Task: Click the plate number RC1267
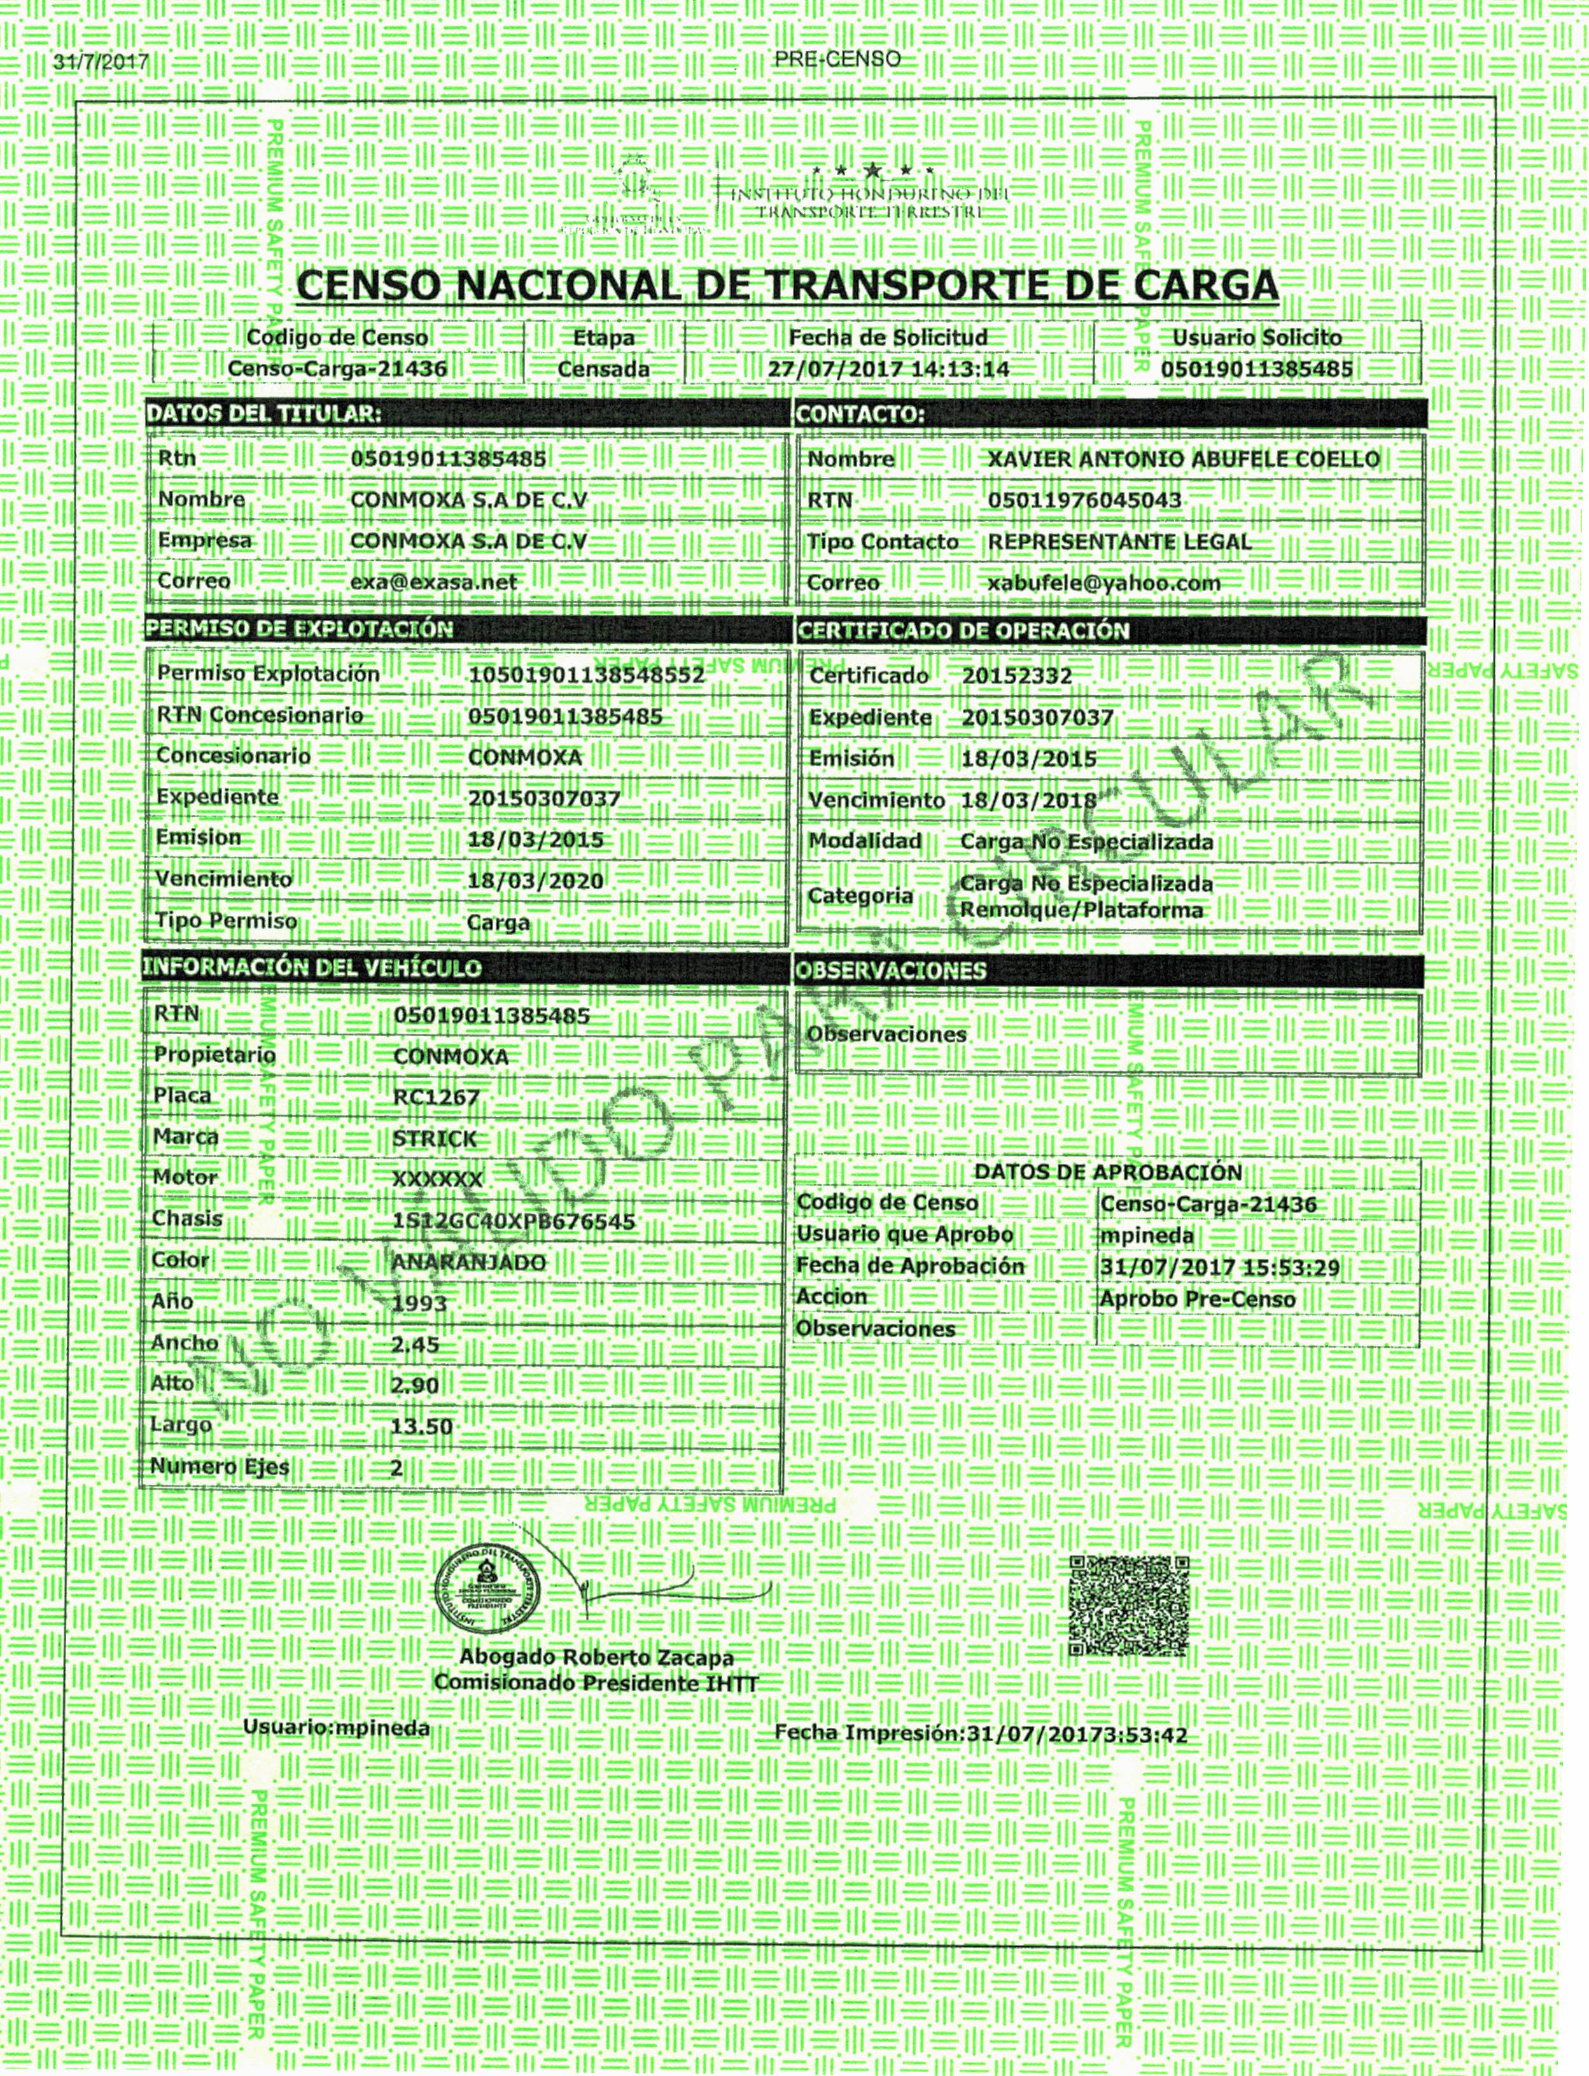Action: coord(436,1097)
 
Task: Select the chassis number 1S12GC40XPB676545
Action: coord(514,1221)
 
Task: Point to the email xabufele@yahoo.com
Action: coord(1104,584)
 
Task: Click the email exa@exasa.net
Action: coord(433,582)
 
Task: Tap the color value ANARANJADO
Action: coord(468,1263)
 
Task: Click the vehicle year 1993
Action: coord(419,1303)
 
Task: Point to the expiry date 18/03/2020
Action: coord(535,881)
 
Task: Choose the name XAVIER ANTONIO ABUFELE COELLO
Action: coord(1183,459)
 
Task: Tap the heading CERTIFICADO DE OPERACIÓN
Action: coord(963,631)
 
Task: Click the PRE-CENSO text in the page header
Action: coord(837,59)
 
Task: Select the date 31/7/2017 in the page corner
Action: coord(101,62)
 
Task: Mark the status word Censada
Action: coord(603,369)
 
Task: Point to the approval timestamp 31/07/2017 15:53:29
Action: coord(1220,1267)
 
